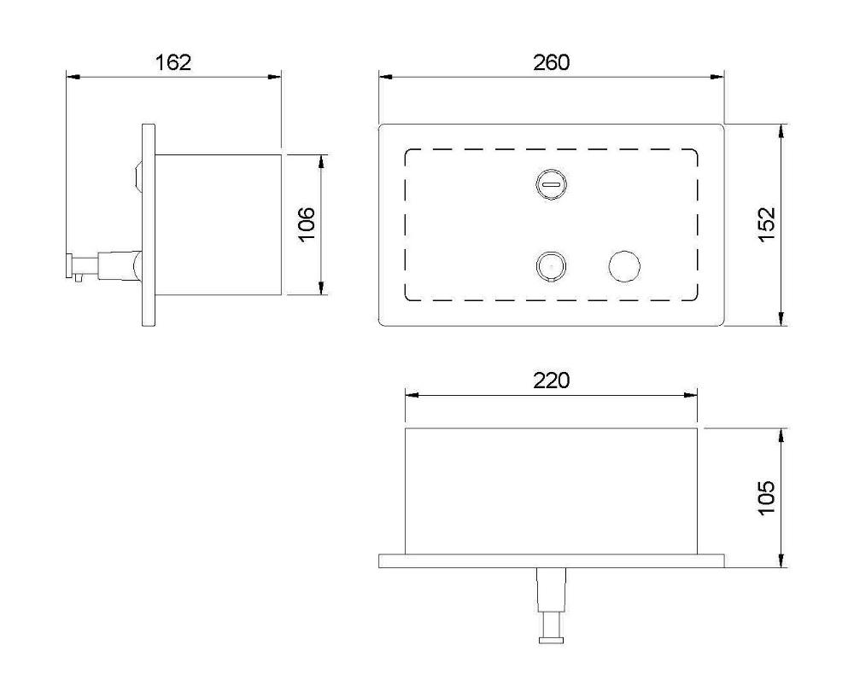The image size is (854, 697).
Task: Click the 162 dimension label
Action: pyautogui.click(x=173, y=62)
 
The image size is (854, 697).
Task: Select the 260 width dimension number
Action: pyautogui.click(x=551, y=62)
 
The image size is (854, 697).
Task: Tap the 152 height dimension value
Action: pyautogui.click(x=766, y=224)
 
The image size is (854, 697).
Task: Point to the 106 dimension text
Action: pyautogui.click(x=307, y=224)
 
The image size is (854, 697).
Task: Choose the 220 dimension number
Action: pyautogui.click(x=551, y=380)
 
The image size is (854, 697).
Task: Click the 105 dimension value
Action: pyautogui.click(x=766, y=497)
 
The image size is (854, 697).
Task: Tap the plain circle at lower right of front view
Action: pyautogui.click(x=624, y=266)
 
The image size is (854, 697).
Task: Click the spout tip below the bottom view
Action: pyautogui.click(x=551, y=640)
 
